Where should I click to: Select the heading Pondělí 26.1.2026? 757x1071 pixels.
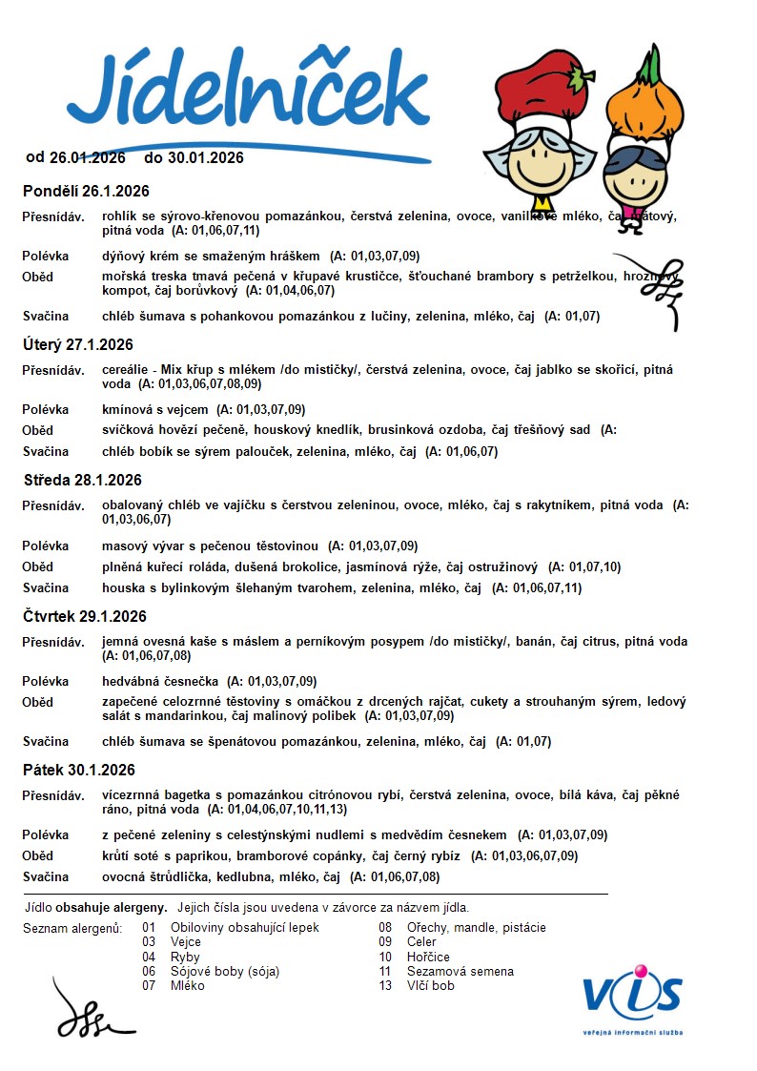point(86,192)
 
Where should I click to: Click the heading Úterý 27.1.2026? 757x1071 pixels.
point(78,344)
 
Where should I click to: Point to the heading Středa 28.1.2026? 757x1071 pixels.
point(83,480)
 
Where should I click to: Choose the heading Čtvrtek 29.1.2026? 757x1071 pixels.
point(85,616)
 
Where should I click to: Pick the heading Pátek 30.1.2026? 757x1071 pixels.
point(79,770)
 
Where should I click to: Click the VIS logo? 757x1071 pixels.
point(633,996)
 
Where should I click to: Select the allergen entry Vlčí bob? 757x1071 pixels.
point(430,985)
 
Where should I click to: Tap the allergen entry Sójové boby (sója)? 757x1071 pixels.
point(225,971)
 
